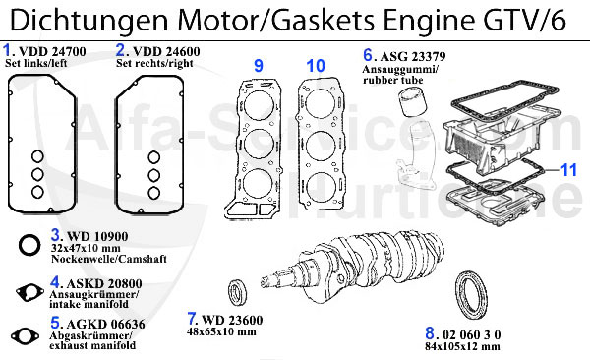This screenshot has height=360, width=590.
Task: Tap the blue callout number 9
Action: point(258,66)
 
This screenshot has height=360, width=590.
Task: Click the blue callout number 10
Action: point(315,66)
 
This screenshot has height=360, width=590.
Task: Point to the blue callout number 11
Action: point(569,169)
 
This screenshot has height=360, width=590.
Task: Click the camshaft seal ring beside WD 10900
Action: point(31,244)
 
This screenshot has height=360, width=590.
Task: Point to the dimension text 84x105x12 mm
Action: point(463,345)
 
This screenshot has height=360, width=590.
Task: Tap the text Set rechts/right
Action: point(154,63)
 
